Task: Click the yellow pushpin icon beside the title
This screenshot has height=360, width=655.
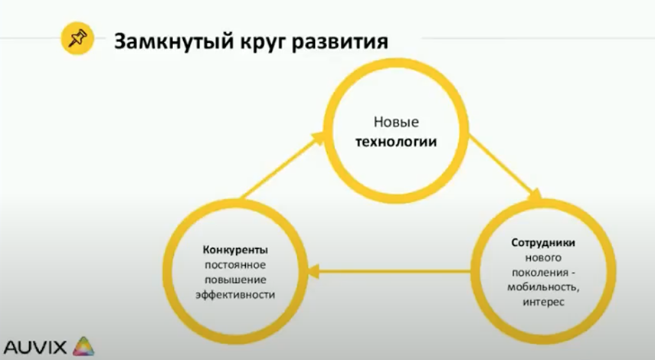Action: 77,38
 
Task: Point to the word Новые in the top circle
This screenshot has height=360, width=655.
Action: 396,122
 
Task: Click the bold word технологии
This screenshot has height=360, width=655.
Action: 396,142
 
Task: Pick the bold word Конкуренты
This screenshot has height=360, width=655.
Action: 235,250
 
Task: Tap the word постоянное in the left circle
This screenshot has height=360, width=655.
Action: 235,265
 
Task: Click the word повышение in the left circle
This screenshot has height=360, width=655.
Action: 235,280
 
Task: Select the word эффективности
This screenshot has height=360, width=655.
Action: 235,294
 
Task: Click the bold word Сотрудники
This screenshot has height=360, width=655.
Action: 543,243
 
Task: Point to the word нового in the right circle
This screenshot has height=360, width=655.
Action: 543,257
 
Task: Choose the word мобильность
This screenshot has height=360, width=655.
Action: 543,287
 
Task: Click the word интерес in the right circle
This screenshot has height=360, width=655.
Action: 543,302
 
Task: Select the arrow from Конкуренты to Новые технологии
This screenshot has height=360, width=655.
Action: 283,165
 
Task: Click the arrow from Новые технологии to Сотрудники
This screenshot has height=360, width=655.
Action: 505,167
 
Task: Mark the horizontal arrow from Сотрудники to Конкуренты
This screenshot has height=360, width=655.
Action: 389,272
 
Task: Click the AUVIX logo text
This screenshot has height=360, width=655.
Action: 35,347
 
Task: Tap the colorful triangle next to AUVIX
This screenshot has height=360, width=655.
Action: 84,346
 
